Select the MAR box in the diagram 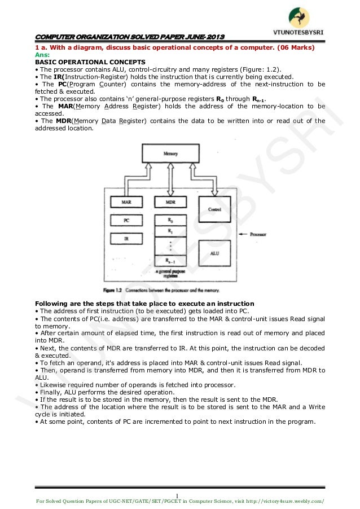tap(127, 201)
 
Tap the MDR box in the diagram tap(169, 201)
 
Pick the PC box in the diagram tap(127, 220)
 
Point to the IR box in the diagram tap(127, 239)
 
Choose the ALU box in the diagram tap(214, 253)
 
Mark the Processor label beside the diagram tap(254, 233)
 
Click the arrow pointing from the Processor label tap(238, 233)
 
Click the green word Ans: tap(42, 55)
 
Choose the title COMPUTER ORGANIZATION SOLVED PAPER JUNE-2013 tap(130, 37)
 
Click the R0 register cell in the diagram tap(169, 220)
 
